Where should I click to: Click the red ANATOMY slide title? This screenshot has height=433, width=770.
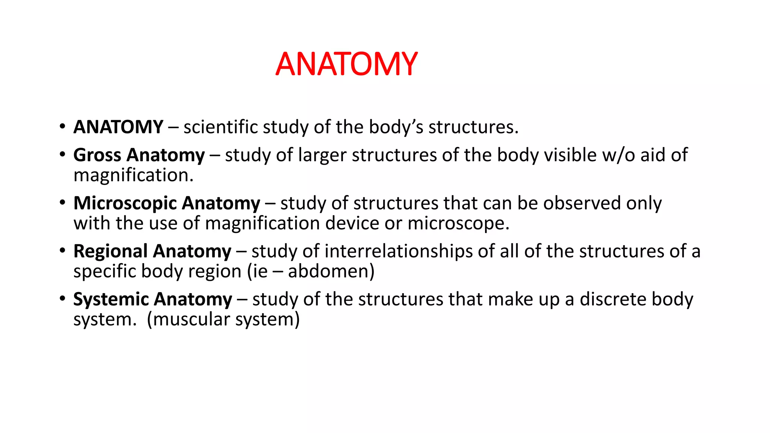tap(346, 64)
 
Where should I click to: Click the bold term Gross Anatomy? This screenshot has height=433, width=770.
tap(139, 155)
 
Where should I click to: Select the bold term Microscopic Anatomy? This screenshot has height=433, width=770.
tap(167, 203)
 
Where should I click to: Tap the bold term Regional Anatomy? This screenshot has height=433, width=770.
tap(152, 251)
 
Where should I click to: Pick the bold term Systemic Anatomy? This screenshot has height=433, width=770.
tap(153, 299)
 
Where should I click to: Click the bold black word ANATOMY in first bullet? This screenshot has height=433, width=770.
tap(118, 127)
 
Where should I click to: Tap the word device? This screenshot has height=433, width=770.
tap(352, 223)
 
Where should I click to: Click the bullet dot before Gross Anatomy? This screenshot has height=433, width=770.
tap(62, 154)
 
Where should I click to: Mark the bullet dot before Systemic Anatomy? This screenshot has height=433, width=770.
tap(62, 298)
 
